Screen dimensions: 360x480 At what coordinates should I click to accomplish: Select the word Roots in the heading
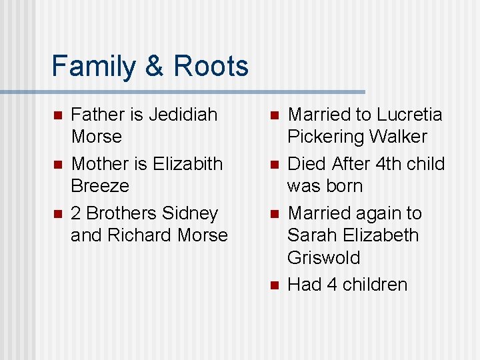pyautogui.click(x=211, y=67)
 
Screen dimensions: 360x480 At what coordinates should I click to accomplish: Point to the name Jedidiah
pyautogui.click(x=183, y=115)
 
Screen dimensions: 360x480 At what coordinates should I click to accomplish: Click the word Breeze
pyautogui.click(x=100, y=185)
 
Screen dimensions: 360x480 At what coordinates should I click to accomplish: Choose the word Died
pyautogui.click(x=306, y=163)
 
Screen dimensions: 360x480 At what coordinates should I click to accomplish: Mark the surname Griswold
pyautogui.click(x=323, y=257)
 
